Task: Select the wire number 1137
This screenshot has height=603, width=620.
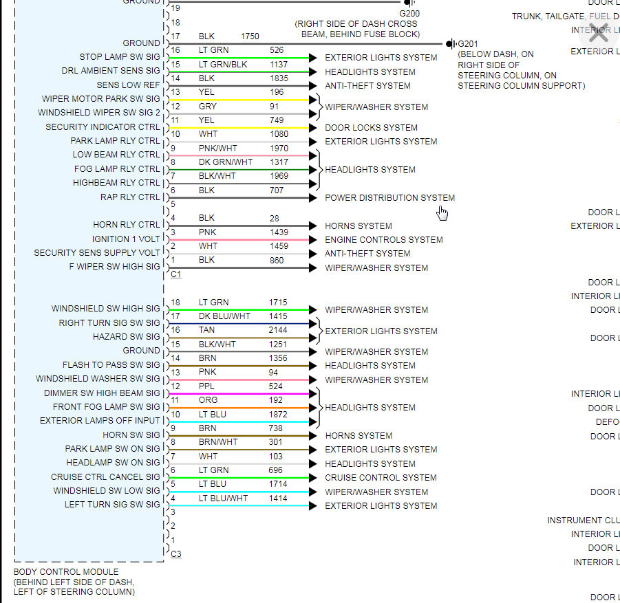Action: coord(279,64)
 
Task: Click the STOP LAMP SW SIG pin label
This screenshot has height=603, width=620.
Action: coord(119,57)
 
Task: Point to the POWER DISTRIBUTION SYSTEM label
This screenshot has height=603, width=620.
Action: coord(389,198)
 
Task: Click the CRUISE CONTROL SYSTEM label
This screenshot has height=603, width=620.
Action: coord(381,477)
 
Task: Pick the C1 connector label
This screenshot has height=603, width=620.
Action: coord(175,274)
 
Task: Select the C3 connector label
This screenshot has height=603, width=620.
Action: coord(175,554)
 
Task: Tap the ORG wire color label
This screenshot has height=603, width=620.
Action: coord(208,400)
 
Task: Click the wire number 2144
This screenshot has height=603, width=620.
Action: coord(279,330)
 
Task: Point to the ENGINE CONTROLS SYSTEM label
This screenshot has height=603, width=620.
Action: coord(383,240)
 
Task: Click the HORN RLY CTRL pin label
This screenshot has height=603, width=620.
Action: coord(127,225)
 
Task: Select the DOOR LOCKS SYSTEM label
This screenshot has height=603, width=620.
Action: coord(371,127)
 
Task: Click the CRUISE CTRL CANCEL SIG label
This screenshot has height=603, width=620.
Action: coord(105,476)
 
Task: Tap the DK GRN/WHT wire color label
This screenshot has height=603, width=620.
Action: coord(226,162)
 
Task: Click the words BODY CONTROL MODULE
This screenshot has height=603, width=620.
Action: coord(66,572)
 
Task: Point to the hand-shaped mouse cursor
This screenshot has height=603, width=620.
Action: coord(442,213)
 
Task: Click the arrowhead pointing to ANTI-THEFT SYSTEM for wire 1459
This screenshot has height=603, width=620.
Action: coord(313,254)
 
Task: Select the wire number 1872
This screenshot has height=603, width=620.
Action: coord(279,415)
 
